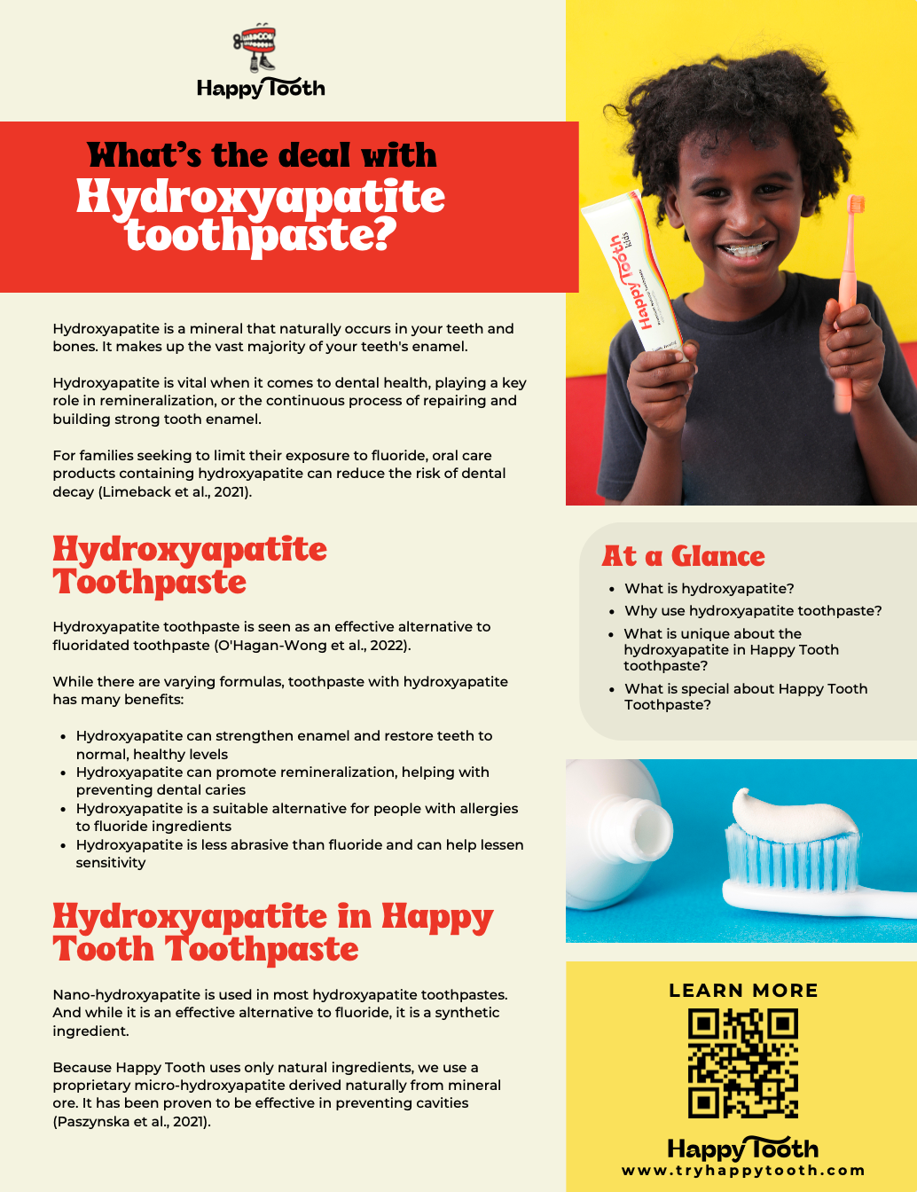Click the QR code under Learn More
[x=743, y=1063]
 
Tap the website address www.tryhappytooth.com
[x=743, y=1171]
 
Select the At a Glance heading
[x=683, y=556]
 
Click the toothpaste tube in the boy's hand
[x=631, y=275]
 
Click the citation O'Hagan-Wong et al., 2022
[x=312, y=646]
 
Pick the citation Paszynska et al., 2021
[x=131, y=1122]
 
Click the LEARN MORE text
[x=743, y=991]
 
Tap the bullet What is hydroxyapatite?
[x=709, y=589]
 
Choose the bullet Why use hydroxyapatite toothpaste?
[x=753, y=611]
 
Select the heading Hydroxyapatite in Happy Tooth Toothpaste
[x=272, y=932]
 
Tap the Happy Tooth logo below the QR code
[x=743, y=1149]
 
